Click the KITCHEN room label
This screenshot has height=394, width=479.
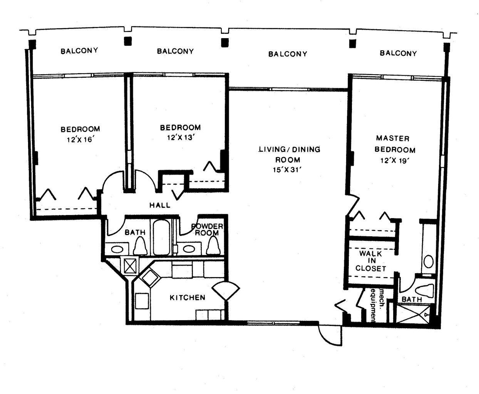[x=188, y=297]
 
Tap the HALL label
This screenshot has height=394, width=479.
[x=160, y=205]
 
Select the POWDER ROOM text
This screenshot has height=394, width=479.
[x=207, y=230]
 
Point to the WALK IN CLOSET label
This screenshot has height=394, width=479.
[x=370, y=261]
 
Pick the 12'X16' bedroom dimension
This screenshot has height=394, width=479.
[x=80, y=140]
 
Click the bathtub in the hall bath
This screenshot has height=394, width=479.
[x=161, y=237]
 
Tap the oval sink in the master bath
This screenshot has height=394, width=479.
[x=428, y=262]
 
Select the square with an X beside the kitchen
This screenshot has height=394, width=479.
[x=129, y=265]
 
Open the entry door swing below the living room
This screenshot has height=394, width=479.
[x=330, y=335]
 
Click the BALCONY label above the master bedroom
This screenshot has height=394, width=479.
[x=398, y=53]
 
